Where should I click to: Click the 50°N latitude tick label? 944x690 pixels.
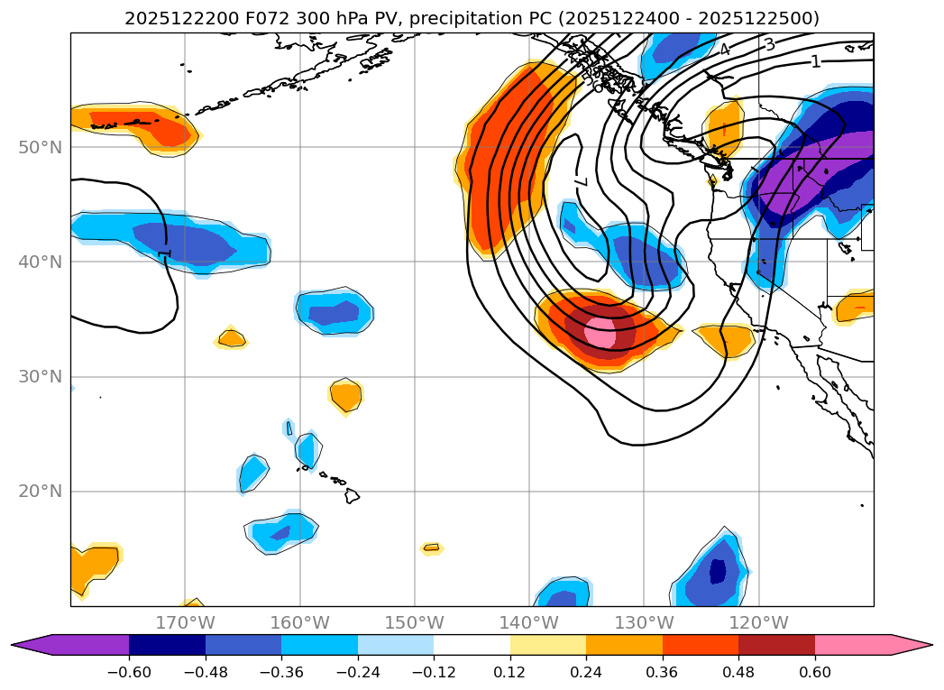tap(40, 147)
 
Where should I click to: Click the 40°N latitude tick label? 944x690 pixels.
tap(40, 262)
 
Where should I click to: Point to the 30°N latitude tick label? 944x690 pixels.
tap(40, 377)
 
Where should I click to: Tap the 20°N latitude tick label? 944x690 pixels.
tap(40, 492)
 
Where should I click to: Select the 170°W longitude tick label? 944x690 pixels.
tap(185, 623)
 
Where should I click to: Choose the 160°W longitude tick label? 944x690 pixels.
tap(299, 623)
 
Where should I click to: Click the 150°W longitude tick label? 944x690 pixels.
tap(415, 623)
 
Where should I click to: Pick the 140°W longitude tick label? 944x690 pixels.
tap(529, 623)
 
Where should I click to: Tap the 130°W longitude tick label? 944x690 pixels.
tap(644, 623)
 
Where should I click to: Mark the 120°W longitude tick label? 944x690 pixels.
tap(759, 623)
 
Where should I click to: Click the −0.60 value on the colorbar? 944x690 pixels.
tap(129, 671)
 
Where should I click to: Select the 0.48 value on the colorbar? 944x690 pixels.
tap(738, 671)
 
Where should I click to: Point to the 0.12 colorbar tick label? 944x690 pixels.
tap(509, 671)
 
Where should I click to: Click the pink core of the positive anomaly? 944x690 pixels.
tap(600, 332)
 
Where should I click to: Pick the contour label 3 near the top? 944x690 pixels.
tap(769, 44)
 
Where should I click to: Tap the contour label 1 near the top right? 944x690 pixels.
tap(816, 61)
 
